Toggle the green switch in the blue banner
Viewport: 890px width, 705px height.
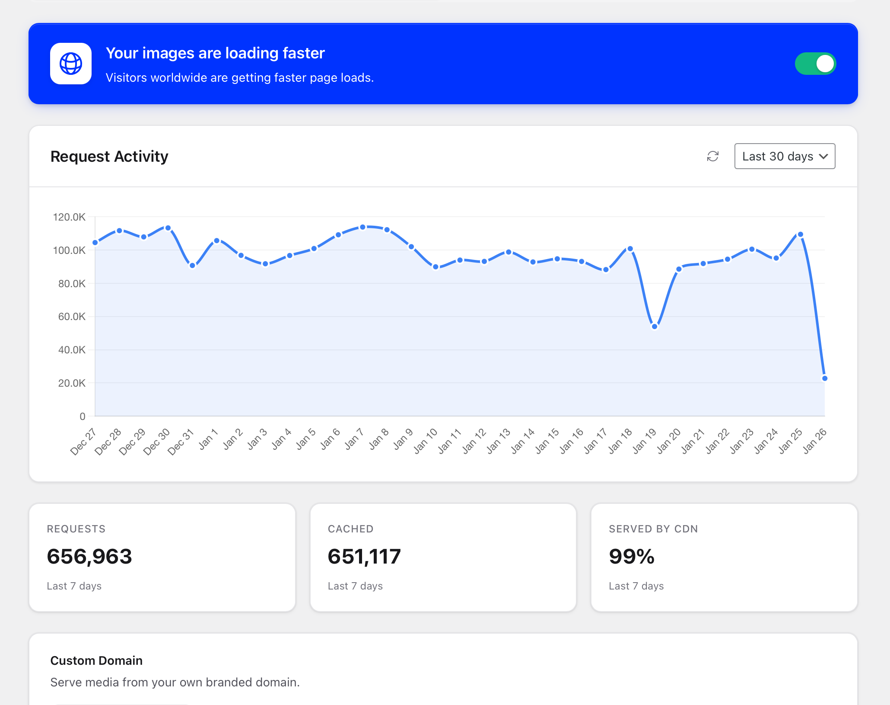tap(815, 64)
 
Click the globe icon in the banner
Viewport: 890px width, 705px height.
tap(71, 64)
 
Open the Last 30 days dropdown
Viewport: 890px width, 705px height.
tap(785, 156)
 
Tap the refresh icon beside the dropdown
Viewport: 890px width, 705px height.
tap(713, 156)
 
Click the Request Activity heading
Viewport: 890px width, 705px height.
tap(109, 156)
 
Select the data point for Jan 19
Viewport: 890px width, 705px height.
tap(655, 327)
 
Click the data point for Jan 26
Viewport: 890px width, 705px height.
tap(825, 378)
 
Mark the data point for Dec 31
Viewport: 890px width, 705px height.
tap(193, 266)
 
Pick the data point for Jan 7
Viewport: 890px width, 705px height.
tap(363, 227)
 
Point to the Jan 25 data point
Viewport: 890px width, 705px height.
tap(801, 234)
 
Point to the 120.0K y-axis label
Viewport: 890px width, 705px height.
tap(69, 217)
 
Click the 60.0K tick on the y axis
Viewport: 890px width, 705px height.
tap(72, 317)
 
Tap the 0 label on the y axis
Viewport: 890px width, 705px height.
tap(83, 417)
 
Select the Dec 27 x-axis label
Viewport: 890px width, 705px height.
tap(83, 442)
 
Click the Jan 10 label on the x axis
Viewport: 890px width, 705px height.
tap(426, 442)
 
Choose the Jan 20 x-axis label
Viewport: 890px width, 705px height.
tap(669, 442)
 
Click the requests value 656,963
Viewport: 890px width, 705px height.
tap(89, 557)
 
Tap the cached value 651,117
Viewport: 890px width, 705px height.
tap(364, 557)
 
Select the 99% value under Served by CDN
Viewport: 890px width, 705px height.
tap(632, 557)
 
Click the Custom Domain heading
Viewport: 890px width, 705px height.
tap(96, 660)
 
